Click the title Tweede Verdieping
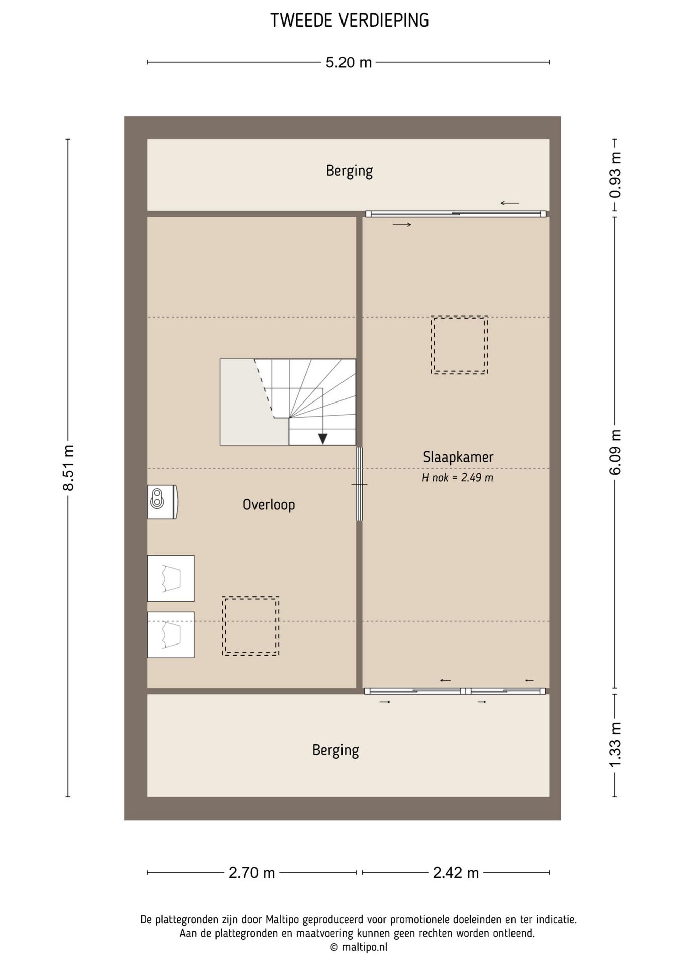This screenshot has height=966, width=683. tap(349, 20)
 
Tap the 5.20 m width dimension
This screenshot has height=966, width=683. tap(349, 62)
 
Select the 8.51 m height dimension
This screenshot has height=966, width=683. tap(68, 467)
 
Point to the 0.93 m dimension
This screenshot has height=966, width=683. tap(615, 175)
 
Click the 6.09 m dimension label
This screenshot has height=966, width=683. tap(615, 452)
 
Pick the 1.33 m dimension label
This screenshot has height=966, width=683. tap(615, 745)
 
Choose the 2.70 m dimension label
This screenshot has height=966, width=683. tap(251, 873)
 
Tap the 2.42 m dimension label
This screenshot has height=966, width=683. tap(456, 873)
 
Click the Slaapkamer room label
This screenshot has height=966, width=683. tap(458, 457)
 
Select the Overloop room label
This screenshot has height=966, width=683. tap(269, 504)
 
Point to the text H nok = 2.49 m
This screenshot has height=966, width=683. tap(458, 477)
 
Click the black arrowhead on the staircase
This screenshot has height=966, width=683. tap(323, 439)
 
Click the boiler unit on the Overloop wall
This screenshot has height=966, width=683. tap(162, 502)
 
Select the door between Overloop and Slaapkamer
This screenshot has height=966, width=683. tap(359, 484)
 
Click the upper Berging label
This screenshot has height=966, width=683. tap(349, 171)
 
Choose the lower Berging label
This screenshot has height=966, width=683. tap(335, 750)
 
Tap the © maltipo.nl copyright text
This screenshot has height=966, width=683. tap(359, 947)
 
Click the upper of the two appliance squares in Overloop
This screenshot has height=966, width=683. tap(170, 578)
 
